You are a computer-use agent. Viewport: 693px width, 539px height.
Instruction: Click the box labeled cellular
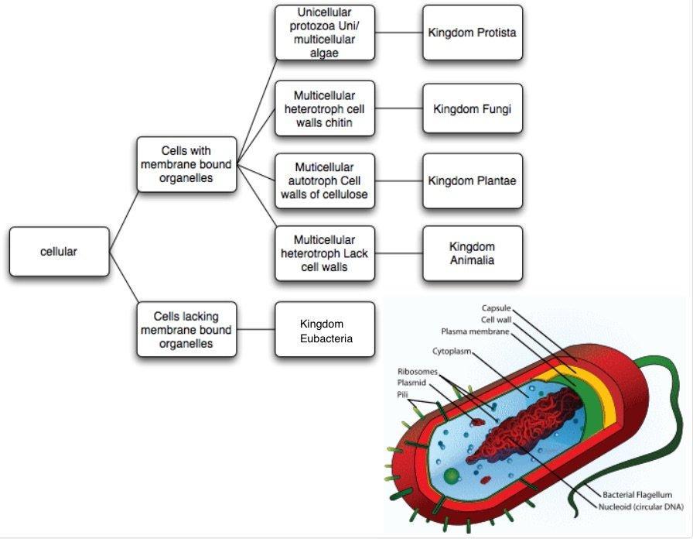click(x=59, y=252)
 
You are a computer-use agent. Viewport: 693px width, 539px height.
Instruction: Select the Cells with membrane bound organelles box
click(x=186, y=164)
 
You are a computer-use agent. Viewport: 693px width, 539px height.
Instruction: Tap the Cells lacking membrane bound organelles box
click(x=186, y=330)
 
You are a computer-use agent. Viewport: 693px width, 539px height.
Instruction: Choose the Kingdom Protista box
click(x=472, y=33)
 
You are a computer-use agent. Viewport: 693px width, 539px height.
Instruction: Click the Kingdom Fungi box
click(x=472, y=108)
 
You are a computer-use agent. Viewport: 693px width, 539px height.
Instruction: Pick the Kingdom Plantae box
click(x=472, y=180)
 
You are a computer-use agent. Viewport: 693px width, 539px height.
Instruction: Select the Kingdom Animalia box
click(x=472, y=253)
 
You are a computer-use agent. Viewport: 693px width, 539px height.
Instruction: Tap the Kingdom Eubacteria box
click(x=325, y=330)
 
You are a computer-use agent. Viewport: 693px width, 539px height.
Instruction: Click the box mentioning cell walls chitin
click(x=325, y=108)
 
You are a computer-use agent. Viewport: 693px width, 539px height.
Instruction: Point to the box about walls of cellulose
click(x=325, y=180)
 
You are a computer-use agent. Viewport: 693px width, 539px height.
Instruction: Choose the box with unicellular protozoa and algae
click(x=325, y=33)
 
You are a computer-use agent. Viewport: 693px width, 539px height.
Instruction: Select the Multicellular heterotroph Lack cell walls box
click(x=325, y=253)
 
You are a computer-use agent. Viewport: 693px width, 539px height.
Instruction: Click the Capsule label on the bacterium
click(x=496, y=307)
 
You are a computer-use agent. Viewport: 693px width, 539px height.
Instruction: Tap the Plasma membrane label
click(x=475, y=331)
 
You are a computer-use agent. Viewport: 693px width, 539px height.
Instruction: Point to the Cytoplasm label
click(x=451, y=352)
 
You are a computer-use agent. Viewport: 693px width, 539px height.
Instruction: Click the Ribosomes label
click(x=418, y=372)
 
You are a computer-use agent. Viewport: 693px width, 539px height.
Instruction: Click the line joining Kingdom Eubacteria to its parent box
click(x=256, y=330)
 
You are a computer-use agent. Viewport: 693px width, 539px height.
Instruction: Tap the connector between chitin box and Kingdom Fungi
click(x=399, y=108)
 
